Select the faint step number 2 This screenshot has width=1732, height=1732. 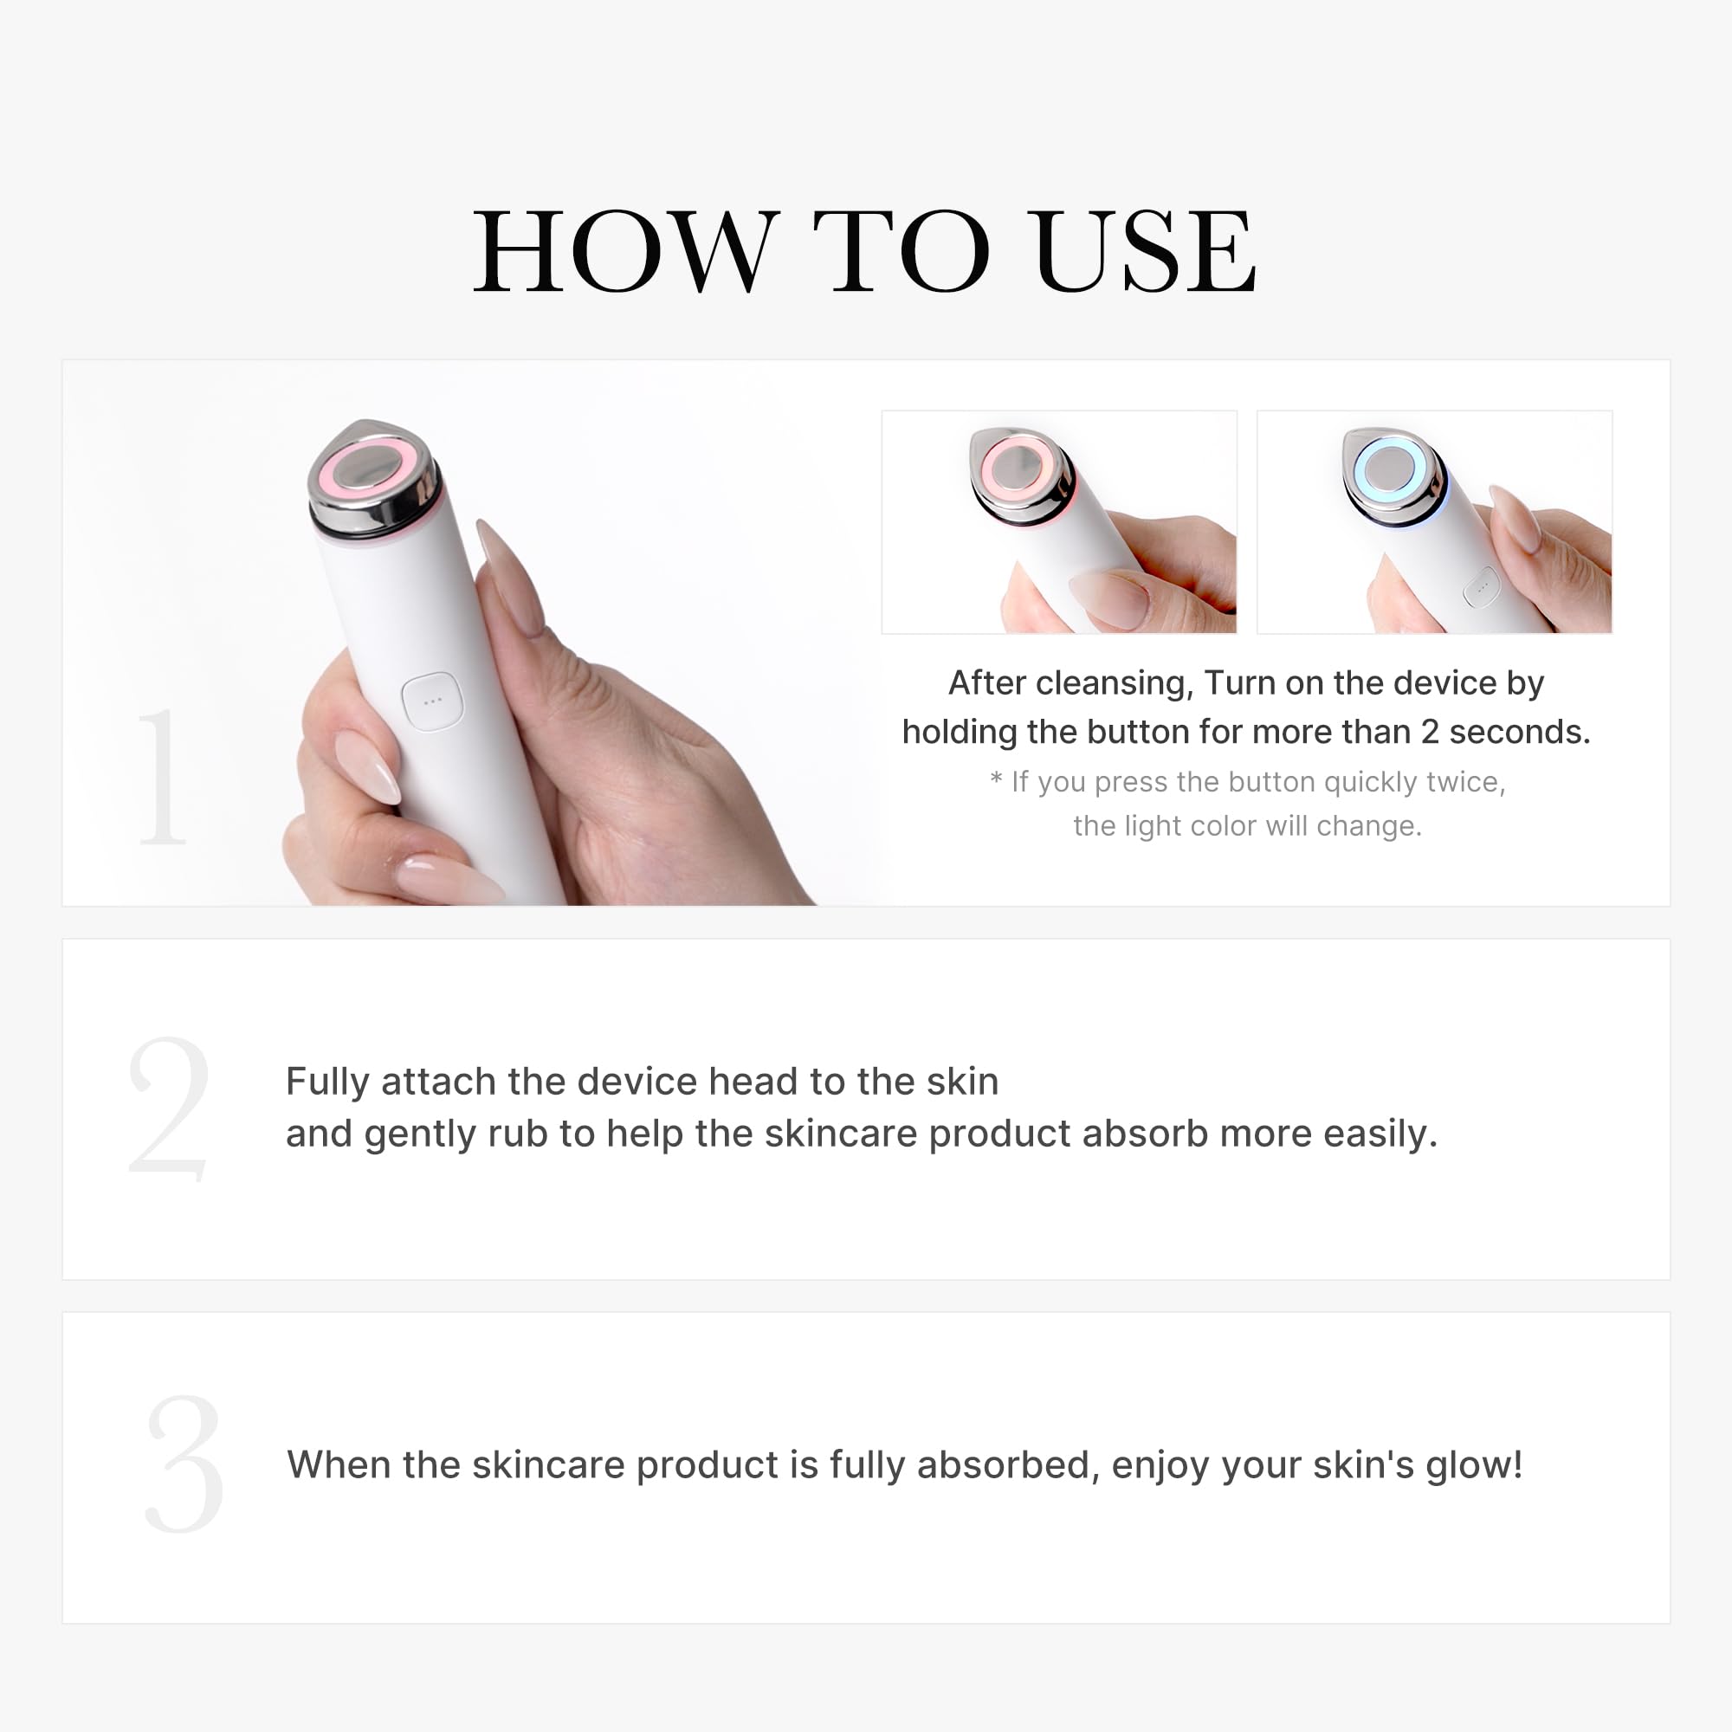pos(170,1108)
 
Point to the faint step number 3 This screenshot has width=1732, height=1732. pos(184,1463)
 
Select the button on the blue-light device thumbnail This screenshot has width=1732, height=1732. pos(1481,587)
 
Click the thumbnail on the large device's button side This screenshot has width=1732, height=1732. pos(368,767)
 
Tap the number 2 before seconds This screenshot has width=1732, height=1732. pos(1430,733)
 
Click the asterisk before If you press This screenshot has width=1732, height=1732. pos(996,779)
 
